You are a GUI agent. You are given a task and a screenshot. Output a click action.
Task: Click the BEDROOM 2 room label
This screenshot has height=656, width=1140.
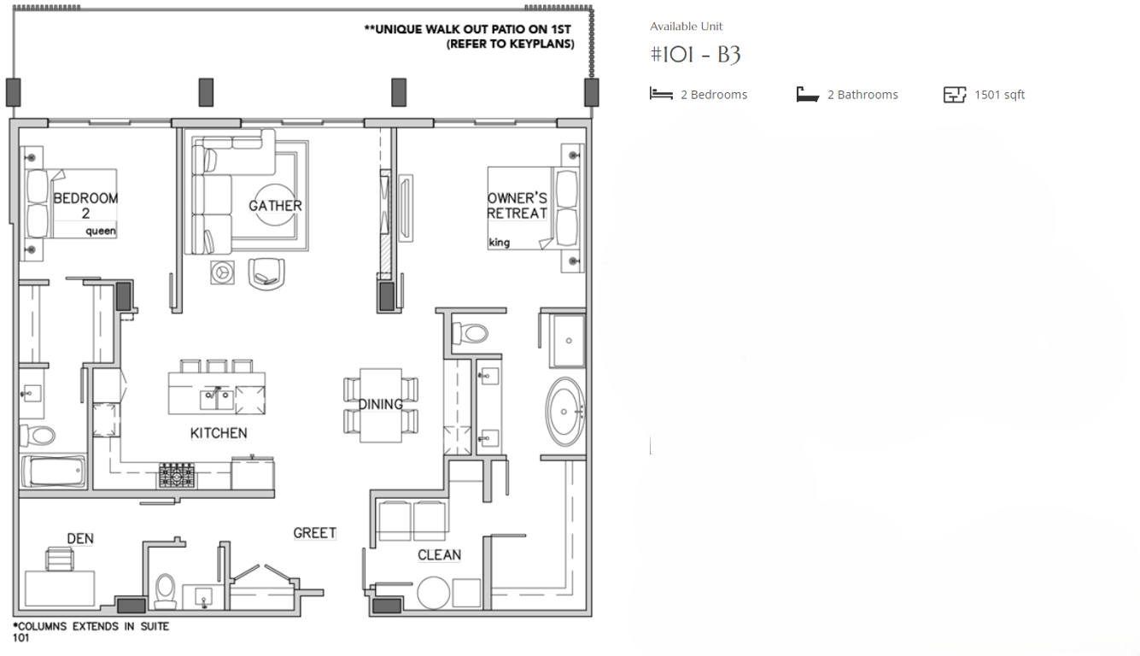point(85,205)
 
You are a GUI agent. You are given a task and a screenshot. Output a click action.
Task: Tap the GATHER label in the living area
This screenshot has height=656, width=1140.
point(275,206)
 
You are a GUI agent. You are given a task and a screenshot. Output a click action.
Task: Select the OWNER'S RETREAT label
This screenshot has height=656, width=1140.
point(517,206)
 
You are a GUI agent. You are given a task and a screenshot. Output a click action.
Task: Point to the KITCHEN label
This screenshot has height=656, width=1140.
point(219,433)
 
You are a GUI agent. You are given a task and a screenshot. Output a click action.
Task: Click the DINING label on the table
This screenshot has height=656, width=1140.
point(380,404)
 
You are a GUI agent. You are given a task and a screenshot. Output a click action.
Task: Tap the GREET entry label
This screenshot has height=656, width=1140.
point(314,533)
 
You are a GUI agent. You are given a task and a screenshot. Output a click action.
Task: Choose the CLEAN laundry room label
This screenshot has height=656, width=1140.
point(439,555)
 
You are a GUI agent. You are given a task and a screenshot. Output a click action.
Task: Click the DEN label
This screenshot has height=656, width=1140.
point(80,538)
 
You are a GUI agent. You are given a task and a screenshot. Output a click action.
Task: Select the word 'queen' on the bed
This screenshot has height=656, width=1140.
point(101,231)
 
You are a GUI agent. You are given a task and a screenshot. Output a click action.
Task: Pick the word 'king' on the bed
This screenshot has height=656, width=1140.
point(500,243)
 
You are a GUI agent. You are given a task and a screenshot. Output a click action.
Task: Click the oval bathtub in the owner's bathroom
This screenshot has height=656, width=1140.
point(564,413)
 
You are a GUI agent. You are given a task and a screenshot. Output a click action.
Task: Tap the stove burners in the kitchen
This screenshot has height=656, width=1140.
point(176,475)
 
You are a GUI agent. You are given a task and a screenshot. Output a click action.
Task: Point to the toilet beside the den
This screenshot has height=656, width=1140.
point(166,590)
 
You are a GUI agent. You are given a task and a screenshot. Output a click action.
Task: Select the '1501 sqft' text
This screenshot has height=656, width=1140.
point(999,95)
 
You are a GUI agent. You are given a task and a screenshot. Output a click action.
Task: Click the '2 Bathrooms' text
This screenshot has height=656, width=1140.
point(862,95)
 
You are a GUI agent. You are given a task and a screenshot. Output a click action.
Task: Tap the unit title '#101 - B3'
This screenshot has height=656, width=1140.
point(695,56)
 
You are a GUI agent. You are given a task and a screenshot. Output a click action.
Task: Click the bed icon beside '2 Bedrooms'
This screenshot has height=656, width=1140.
point(661,94)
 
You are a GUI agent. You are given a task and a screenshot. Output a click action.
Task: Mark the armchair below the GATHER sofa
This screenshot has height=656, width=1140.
point(266,272)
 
